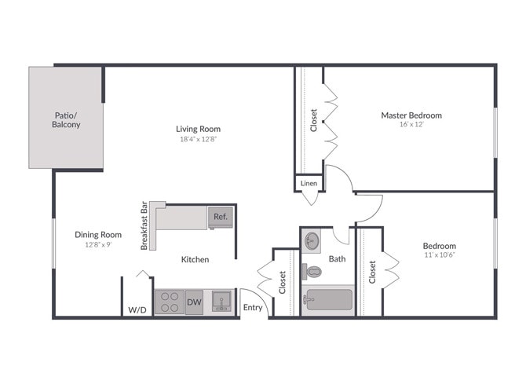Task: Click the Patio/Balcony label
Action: click(66, 119)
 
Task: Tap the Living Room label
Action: click(198, 129)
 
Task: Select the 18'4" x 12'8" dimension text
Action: click(198, 140)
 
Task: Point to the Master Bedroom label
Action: click(411, 115)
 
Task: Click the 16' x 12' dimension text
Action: click(411, 125)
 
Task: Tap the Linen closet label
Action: click(309, 184)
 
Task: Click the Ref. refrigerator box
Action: click(220, 216)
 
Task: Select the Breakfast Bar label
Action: click(145, 225)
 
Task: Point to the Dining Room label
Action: click(98, 234)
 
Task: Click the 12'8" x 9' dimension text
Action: click(98, 244)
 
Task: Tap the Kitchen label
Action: click(195, 259)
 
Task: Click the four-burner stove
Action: click(170, 302)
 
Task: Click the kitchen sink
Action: click(221, 302)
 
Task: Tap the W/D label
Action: click(137, 310)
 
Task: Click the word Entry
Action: click(253, 307)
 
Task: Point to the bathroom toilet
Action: click(313, 272)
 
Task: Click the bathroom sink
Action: click(312, 239)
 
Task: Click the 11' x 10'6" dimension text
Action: click(440, 254)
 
